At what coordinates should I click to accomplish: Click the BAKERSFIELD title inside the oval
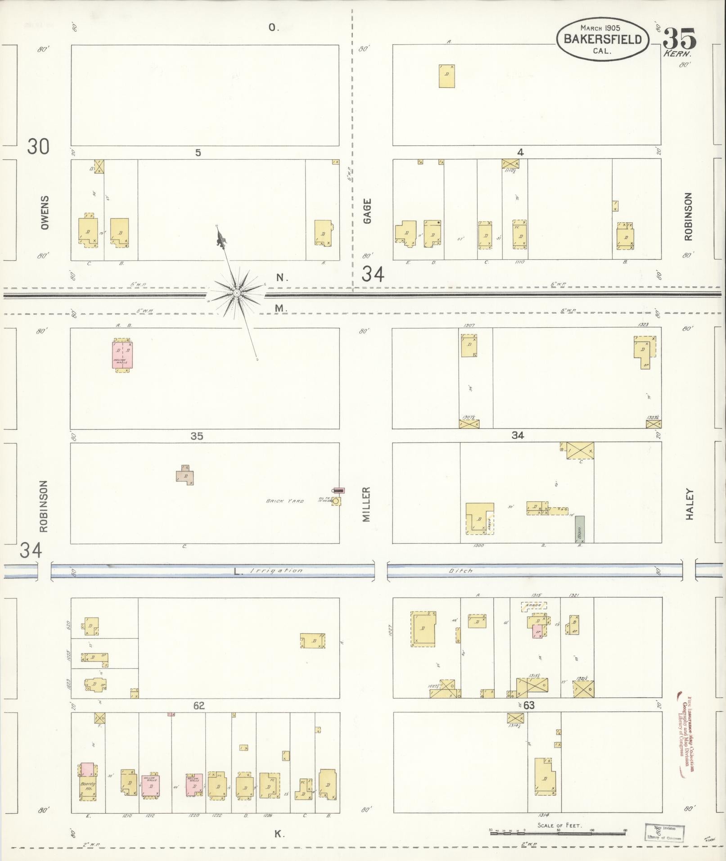tap(603, 39)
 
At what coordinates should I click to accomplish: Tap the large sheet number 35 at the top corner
tap(679, 38)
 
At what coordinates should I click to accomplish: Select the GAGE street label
tap(367, 211)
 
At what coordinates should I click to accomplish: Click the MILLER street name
tap(366, 504)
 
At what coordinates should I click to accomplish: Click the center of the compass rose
tap(236, 293)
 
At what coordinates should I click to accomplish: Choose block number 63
tap(529, 705)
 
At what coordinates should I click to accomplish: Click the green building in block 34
tap(579, 529)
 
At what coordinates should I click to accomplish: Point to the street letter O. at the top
tap(274, 27)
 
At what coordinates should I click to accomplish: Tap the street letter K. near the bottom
tap(279, 834)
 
